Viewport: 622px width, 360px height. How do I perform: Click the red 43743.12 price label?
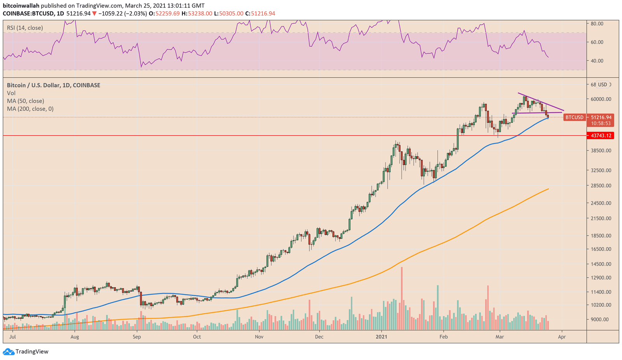(601, 136)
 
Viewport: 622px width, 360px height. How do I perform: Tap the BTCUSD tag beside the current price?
(574, 117)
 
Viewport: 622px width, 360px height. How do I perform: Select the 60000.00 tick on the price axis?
(601, 99)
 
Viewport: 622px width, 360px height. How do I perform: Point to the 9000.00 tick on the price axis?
(599, 320)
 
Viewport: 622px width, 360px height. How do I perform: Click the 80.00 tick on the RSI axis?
(597, 23)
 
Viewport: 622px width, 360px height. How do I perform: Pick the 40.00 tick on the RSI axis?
(597, 61)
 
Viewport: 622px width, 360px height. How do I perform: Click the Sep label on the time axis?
(136, 337)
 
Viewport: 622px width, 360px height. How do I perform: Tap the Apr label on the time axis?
(561, 337)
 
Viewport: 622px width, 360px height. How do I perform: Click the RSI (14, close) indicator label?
(25, 28)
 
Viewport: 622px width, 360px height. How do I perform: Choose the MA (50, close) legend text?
(25, 101)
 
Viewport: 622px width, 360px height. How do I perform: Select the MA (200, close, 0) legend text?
(30, 109)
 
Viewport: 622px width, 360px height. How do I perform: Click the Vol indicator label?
(11, 93)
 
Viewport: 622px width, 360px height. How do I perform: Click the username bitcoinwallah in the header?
(21, 6)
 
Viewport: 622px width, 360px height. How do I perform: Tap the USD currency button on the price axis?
(602, 85)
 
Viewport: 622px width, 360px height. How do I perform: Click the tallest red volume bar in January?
(402, 297)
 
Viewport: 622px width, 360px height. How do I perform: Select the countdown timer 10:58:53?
(601, 123)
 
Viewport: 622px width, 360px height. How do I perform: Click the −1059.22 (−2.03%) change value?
(122, 14)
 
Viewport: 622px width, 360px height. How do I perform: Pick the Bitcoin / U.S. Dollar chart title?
(53, 85)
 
